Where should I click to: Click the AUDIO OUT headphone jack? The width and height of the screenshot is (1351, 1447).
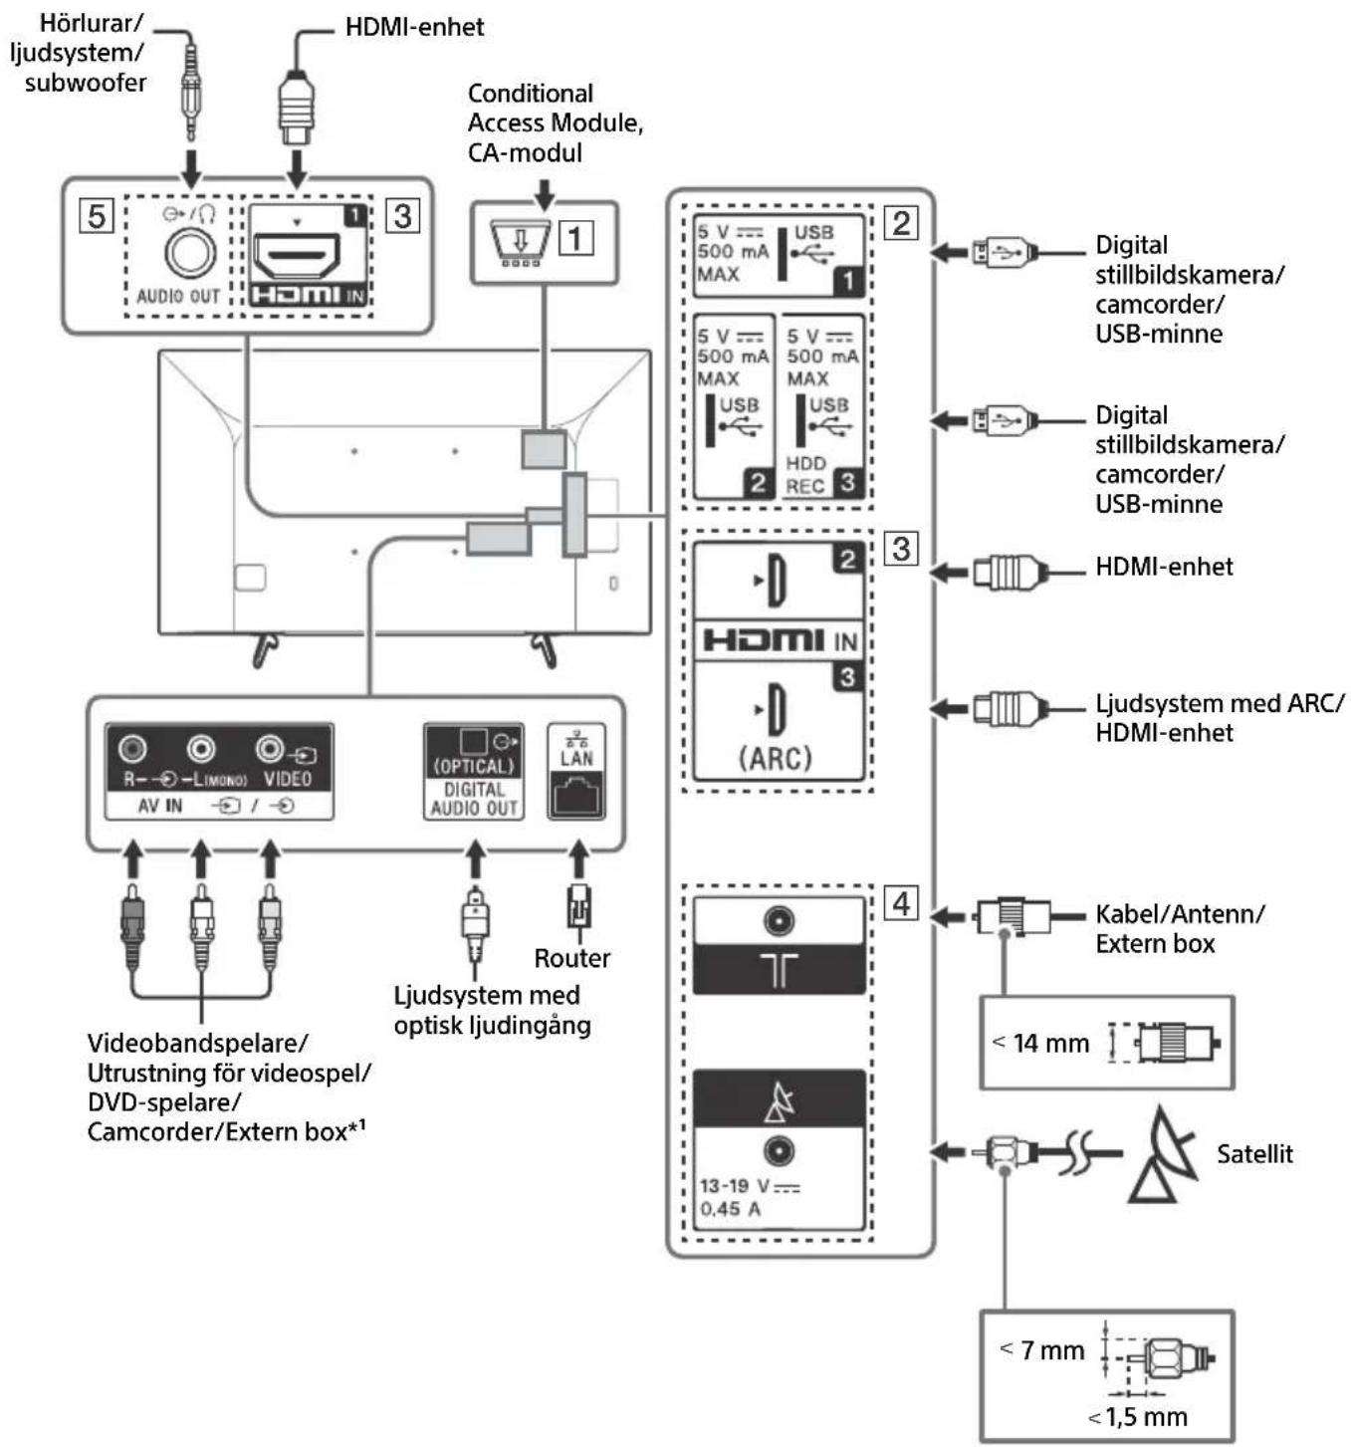(189, 253)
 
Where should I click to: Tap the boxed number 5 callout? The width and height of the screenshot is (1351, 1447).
(97, 215)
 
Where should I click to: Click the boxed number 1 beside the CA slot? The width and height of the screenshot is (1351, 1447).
(576, 238)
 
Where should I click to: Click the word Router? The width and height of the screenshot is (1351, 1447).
(571, 958)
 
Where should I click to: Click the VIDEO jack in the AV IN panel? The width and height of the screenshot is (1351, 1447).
(269, 748)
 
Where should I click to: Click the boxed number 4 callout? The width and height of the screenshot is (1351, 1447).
(901, 903)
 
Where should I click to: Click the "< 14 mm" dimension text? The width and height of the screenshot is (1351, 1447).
(1041, 1043)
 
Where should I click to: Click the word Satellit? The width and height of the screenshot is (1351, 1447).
(1253, 1154)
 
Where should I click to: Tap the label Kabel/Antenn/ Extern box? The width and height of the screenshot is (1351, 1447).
(1179, 928)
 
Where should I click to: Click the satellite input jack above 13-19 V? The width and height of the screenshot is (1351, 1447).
(779, 1151)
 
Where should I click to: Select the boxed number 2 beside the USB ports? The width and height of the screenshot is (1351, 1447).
(901, 222)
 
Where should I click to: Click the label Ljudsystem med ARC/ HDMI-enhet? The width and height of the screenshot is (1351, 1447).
(1219, 718)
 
